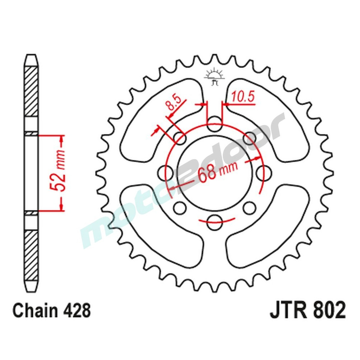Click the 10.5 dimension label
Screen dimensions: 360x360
tap(243, 96)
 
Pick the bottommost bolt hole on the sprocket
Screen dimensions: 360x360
tap(215, 220)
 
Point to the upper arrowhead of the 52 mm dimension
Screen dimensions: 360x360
tap(62, 139)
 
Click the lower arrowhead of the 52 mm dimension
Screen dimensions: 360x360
tap(62, 207)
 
